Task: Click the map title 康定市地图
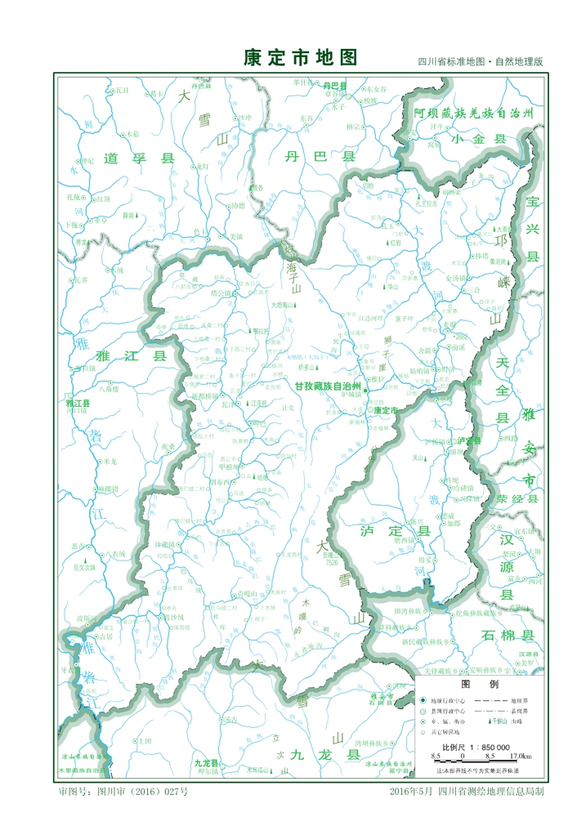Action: tap(302, 58)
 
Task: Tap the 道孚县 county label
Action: tap(141, 159)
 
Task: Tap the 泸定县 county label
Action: tap(395, 532)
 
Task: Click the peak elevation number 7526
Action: tap(331, 563)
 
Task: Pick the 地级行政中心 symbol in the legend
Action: tap(423, 700)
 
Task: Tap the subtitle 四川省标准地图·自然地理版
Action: tap(480, 62)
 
